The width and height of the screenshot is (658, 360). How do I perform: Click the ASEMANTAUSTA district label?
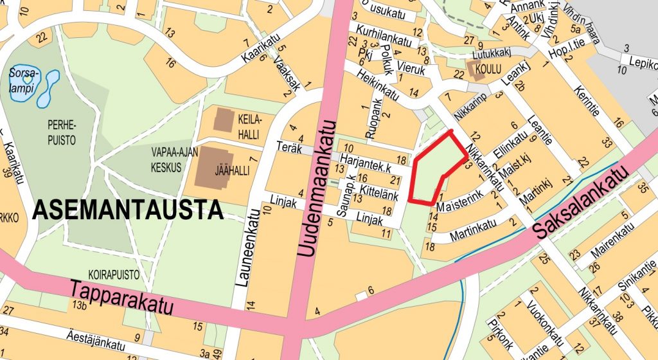coord(128,210)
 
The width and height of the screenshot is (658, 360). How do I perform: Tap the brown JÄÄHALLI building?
coord(213,168)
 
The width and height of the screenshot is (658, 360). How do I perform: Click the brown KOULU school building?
coord(476,70)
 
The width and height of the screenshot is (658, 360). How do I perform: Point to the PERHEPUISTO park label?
coord(61,130)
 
